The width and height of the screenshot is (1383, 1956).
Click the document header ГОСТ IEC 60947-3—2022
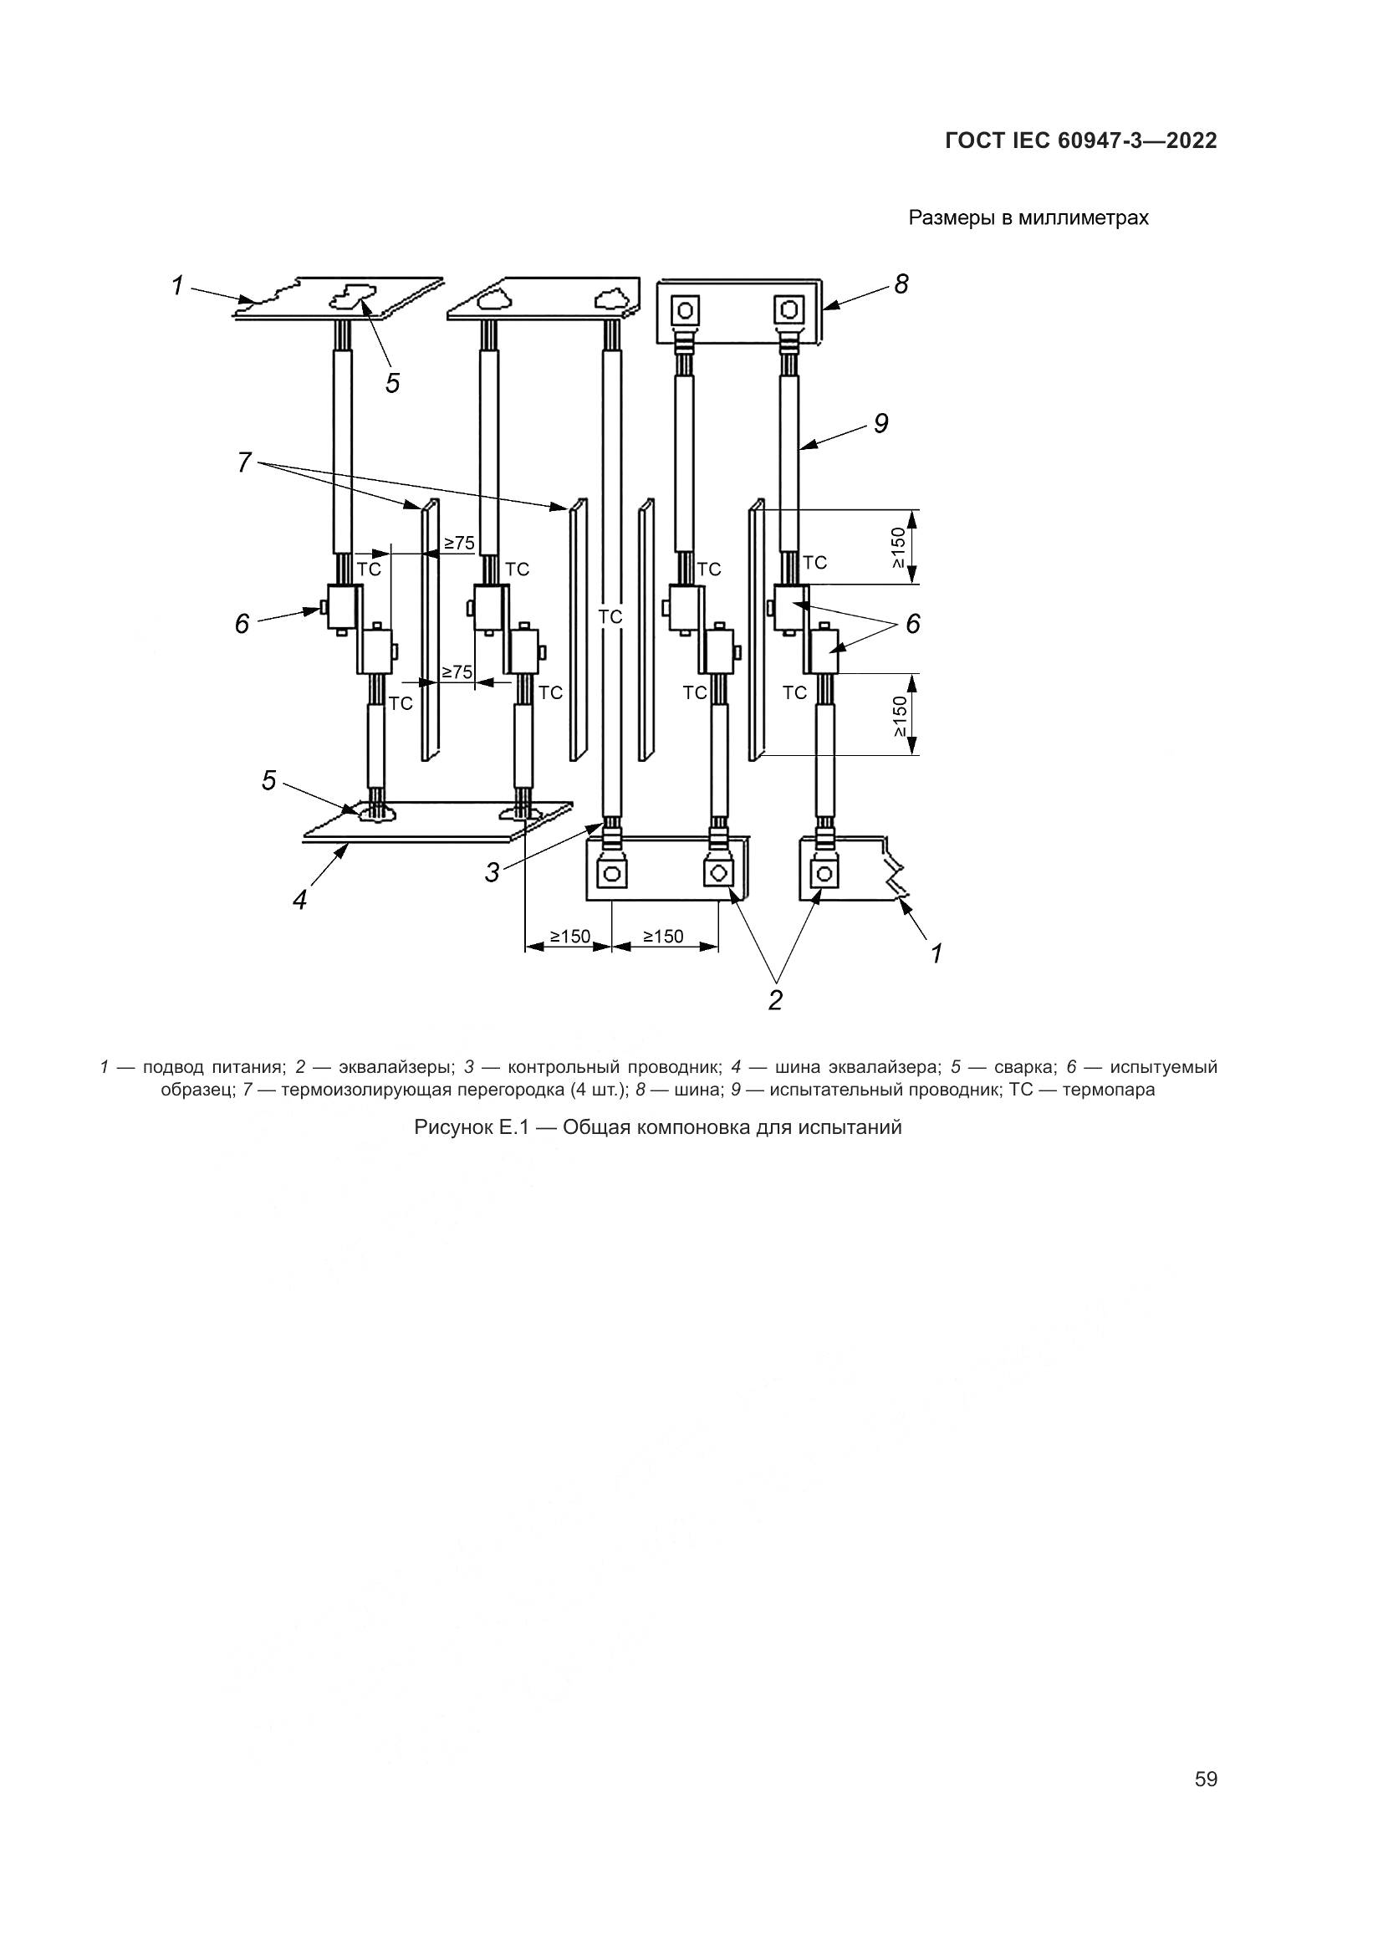(1080, 141)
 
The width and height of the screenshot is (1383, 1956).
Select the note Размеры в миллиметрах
(1028, 218)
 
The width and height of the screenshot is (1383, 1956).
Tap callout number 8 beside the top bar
(901, 283)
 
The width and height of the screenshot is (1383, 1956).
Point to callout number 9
(880, 422)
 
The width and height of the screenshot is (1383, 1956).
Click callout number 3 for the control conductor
(492, 871)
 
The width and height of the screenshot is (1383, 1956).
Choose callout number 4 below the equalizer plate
(300, 899)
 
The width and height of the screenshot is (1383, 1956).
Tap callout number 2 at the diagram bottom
(775, 999)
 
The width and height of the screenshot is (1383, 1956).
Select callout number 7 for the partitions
(244, 462)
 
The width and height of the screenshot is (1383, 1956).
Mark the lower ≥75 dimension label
(457, 672)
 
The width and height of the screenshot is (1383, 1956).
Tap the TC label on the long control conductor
(610, 616)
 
